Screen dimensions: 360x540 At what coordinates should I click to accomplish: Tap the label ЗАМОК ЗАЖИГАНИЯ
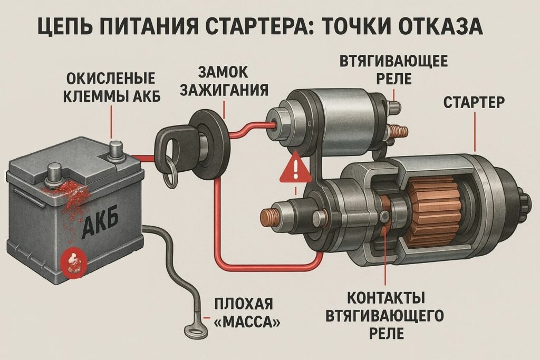224,80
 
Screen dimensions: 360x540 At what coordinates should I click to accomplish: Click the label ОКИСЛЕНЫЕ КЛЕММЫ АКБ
112,87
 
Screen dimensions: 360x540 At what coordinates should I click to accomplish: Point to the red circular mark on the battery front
74,262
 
